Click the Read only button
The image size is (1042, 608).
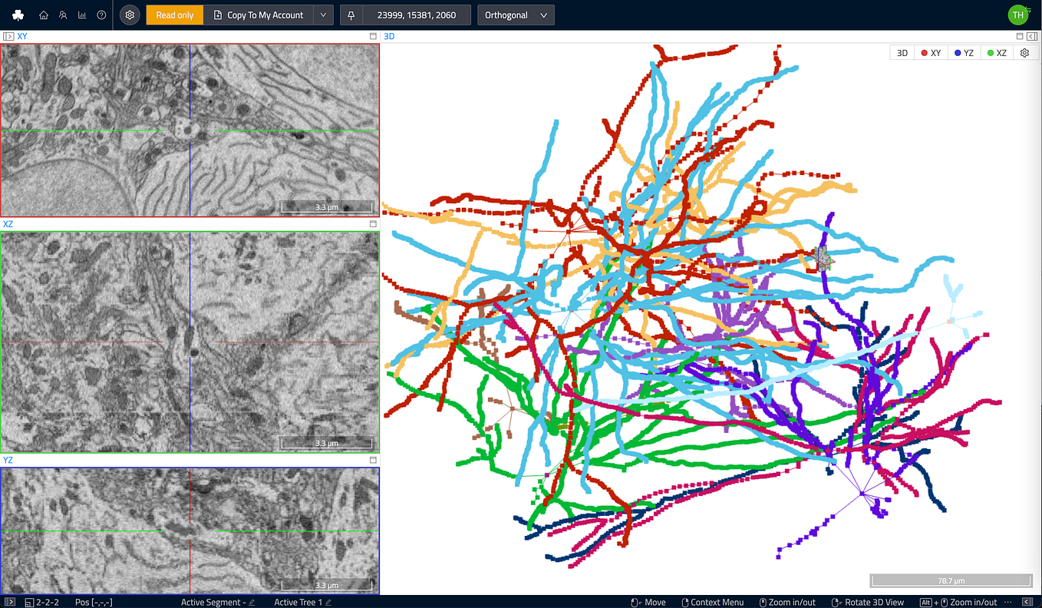coord(174,15)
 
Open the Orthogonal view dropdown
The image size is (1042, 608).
coord(516,15)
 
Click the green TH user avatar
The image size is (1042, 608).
coord(1017,15)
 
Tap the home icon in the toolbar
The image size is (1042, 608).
coord(44,15)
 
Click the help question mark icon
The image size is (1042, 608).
coord(101,15)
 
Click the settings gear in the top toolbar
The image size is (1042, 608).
coord(130,15)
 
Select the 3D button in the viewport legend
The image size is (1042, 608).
coord(902,53)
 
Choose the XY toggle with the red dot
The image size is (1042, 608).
coord(930,53)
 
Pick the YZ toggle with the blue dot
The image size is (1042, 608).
coord(963,53)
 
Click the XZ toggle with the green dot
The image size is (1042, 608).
coord(996,53)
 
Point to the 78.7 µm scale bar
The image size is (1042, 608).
coord(951,580)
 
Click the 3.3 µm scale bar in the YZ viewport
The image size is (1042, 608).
coord(327,585)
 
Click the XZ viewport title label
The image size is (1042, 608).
coord(8,224)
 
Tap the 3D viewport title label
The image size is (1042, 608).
coord(389,36)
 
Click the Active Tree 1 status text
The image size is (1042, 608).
coord(298,603)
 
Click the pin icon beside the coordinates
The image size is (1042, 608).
coord(351,15)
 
